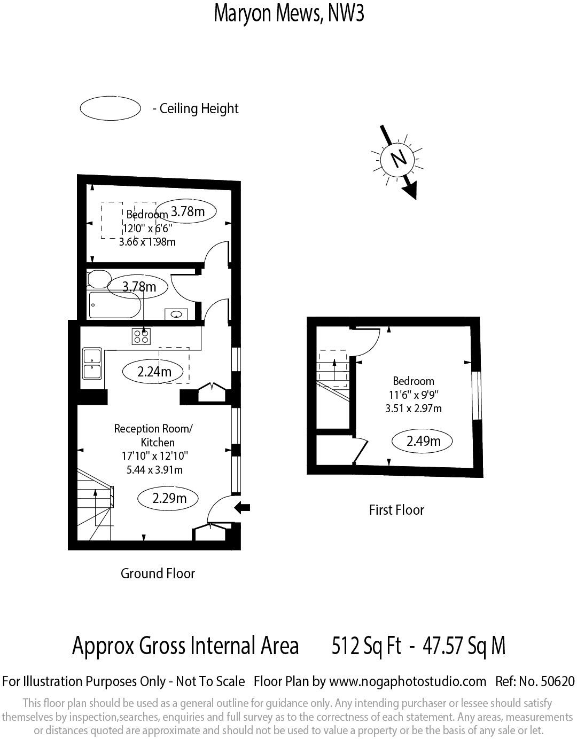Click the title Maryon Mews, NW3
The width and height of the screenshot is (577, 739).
click(x=288, y=13)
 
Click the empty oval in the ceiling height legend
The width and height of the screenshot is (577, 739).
click(x=110, y=108)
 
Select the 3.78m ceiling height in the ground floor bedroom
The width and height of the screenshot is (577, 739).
click(x=188, y=211)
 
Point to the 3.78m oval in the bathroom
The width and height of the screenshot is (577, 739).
click(x=139, y=287)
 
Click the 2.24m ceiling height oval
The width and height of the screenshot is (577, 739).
click(x=154, y=372)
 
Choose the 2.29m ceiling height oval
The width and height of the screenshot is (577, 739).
click(x=169, y=498)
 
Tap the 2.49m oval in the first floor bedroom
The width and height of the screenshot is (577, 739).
click(x=423, y=441)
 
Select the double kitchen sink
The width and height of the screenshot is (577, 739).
click(x=92, y=363)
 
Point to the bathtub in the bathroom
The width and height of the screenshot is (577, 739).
click(x=114, y=305)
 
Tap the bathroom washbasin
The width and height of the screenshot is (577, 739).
click(x=176, y=314)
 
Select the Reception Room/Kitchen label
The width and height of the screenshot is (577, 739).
click(x=153, y=435)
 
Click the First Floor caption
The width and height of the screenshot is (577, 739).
click(x=396, y=510)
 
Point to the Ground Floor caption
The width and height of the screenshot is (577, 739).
click(x=158, y=573)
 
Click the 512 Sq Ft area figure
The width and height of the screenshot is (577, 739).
click(x=366, y=646)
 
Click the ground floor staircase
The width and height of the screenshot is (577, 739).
click(x=95, y=505)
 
